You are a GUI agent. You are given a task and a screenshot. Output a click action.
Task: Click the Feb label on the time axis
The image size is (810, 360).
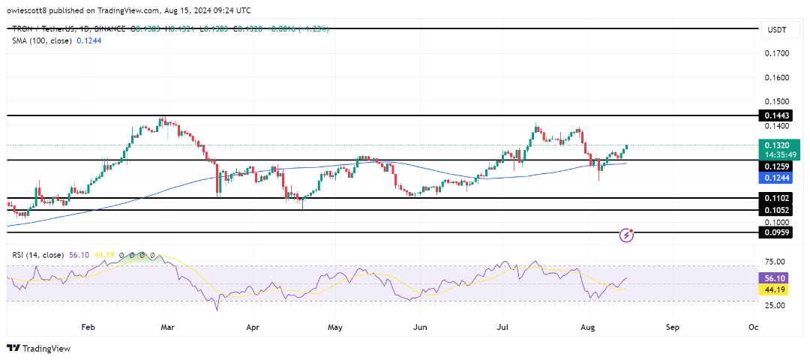88,327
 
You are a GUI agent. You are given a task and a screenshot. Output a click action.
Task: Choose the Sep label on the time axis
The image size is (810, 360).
673,327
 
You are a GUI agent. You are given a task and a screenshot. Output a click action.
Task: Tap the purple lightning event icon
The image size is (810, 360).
628,235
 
